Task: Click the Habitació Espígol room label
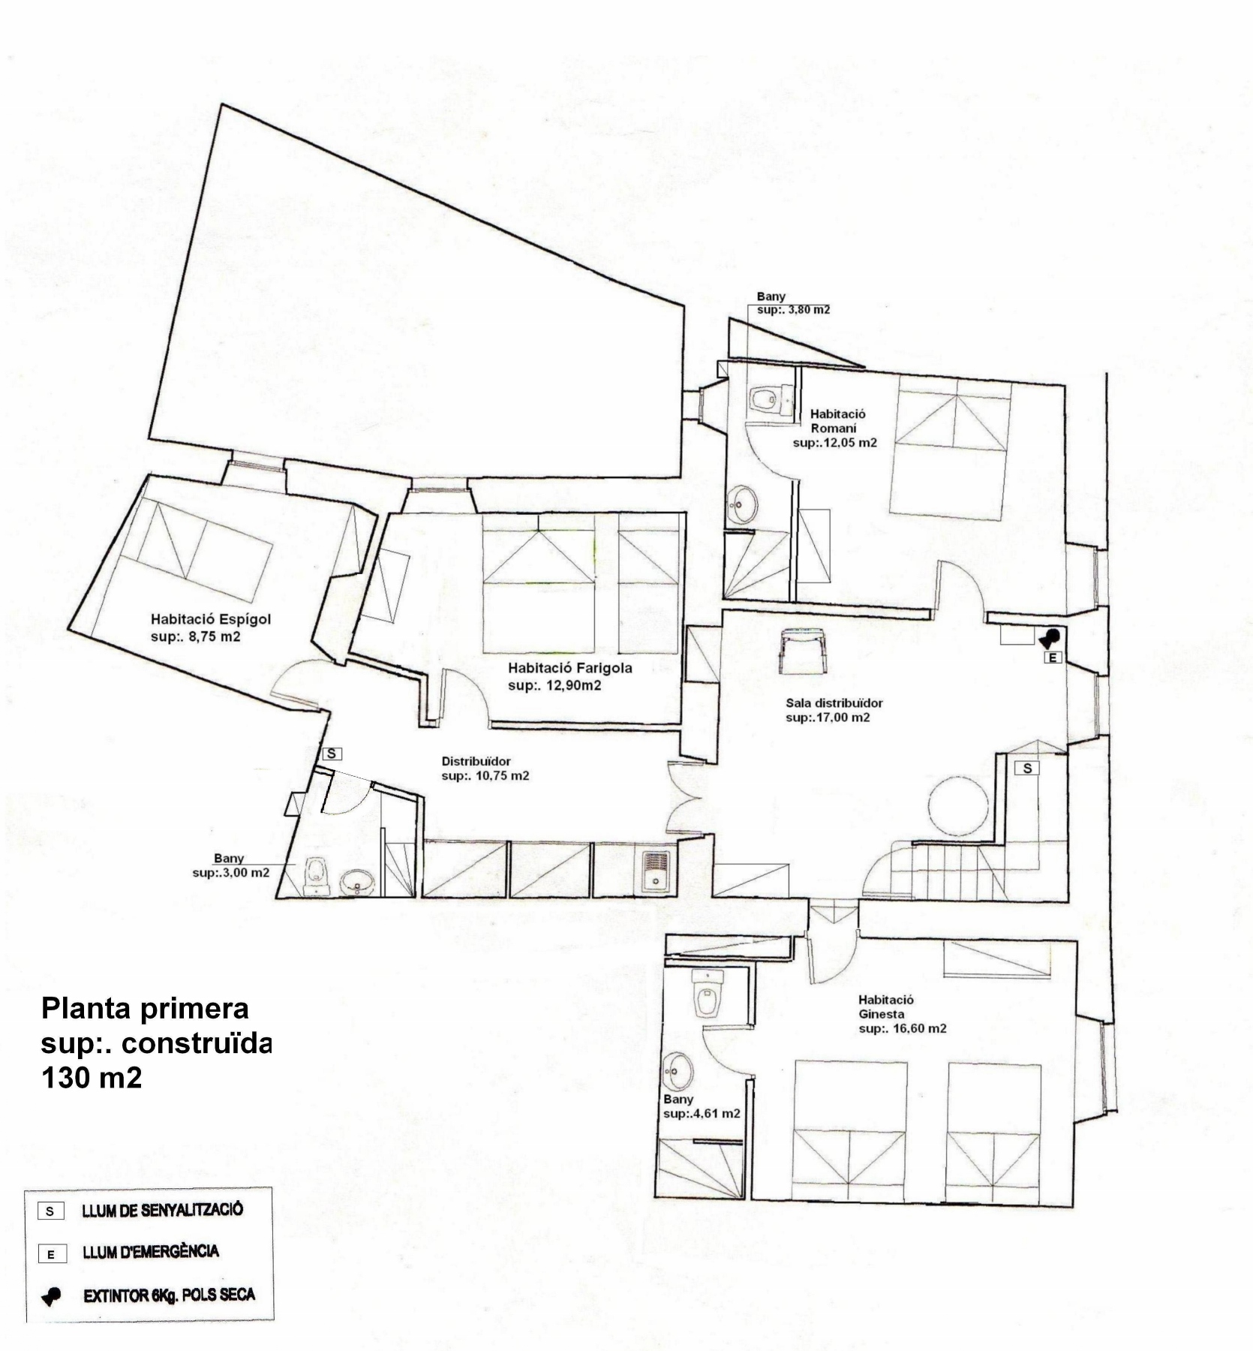point(210,620)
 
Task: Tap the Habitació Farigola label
point(569,668)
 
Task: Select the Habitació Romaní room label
point(837,421)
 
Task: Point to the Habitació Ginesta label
point(886,1006)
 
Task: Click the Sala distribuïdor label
point(834,703)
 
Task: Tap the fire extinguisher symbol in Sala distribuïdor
point(1049,638)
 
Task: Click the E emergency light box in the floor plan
point(1054,658)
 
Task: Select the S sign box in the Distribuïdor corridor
point(331,754)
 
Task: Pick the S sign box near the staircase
point(1027,768)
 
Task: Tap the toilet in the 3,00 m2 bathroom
point(315,876)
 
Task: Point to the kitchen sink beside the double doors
point(656,871)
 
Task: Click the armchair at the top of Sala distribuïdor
point(804,647)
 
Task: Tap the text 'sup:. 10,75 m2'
point(485,775)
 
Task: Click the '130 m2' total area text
point(92,1079)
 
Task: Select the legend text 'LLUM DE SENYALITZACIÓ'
point(163,1209)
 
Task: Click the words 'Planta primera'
point(145,1009)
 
